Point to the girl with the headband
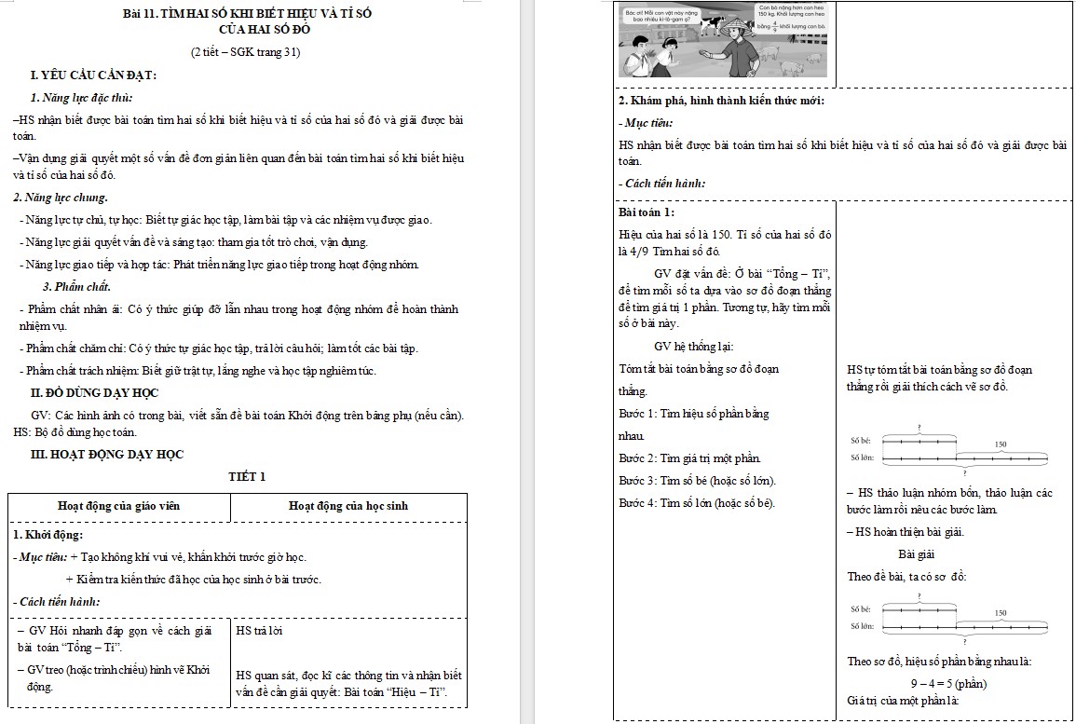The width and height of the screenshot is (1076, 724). coord(668,61)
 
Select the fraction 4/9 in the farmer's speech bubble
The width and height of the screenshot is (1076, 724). coord(773,27)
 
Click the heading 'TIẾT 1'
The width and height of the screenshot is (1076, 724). coord(247,477)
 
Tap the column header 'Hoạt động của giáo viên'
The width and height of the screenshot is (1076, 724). coord(118,506)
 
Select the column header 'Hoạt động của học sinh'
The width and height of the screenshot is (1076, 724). coord(347,506)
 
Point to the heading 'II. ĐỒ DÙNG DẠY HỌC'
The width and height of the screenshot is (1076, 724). coord(95,393)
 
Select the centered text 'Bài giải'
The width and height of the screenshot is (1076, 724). coord(917,554)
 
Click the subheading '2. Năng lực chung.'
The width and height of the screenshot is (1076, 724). coord(61,198)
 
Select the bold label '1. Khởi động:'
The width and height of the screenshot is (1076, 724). coord(48,535)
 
